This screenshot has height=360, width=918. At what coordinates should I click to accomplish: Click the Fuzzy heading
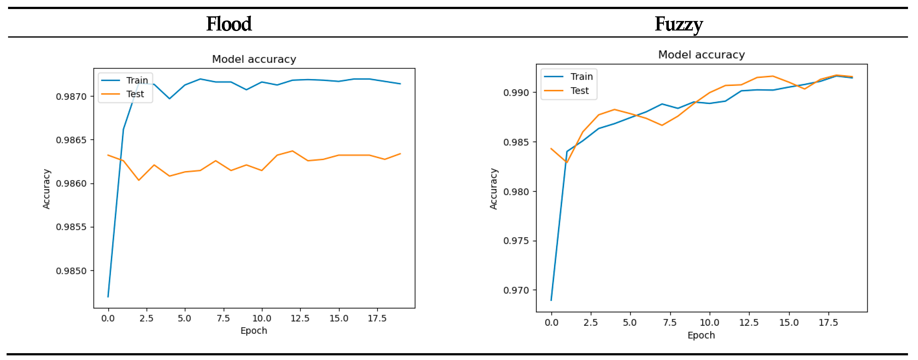(x=679, y=24)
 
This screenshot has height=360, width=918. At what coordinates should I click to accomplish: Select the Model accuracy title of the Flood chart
(x=254, y=59)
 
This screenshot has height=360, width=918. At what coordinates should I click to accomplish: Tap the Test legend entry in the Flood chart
(x=135, y=94)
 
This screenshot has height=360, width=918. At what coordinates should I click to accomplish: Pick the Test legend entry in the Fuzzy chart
(x=580, y=91)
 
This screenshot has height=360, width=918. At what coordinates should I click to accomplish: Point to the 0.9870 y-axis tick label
(x=71, y=97)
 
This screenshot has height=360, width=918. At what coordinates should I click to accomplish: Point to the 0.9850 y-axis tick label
(x=71, y=271)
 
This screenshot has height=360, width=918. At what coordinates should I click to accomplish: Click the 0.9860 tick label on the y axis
(x=71, y=184)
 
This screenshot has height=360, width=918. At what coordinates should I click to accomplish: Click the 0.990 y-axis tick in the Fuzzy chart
(x=516, y=93)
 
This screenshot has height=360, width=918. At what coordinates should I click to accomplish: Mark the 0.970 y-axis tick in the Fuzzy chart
(x=516, y=290)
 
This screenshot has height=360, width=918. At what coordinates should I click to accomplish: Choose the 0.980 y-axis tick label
(x=516, y=192)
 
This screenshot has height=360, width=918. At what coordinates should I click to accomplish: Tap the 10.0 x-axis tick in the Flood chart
(x=262, y=318)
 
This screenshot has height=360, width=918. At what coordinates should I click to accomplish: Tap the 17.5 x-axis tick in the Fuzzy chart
(x=828, y=323)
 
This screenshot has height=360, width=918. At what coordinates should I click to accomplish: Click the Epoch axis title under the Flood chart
(x=254, y=331)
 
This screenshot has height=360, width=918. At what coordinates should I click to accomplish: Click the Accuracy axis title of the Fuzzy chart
(x=493, y=189)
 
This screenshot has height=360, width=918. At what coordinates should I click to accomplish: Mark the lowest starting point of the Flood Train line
(x=108, y=297)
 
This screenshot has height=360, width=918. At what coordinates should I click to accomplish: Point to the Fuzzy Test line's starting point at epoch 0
(x=551, y=149)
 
